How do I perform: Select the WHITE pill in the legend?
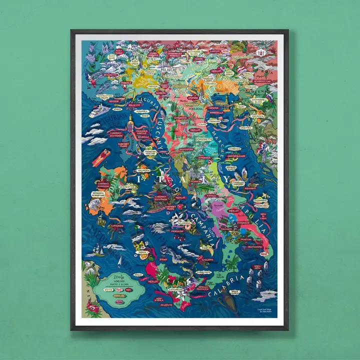coord(107,289)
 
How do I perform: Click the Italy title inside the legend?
coord(118,276)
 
